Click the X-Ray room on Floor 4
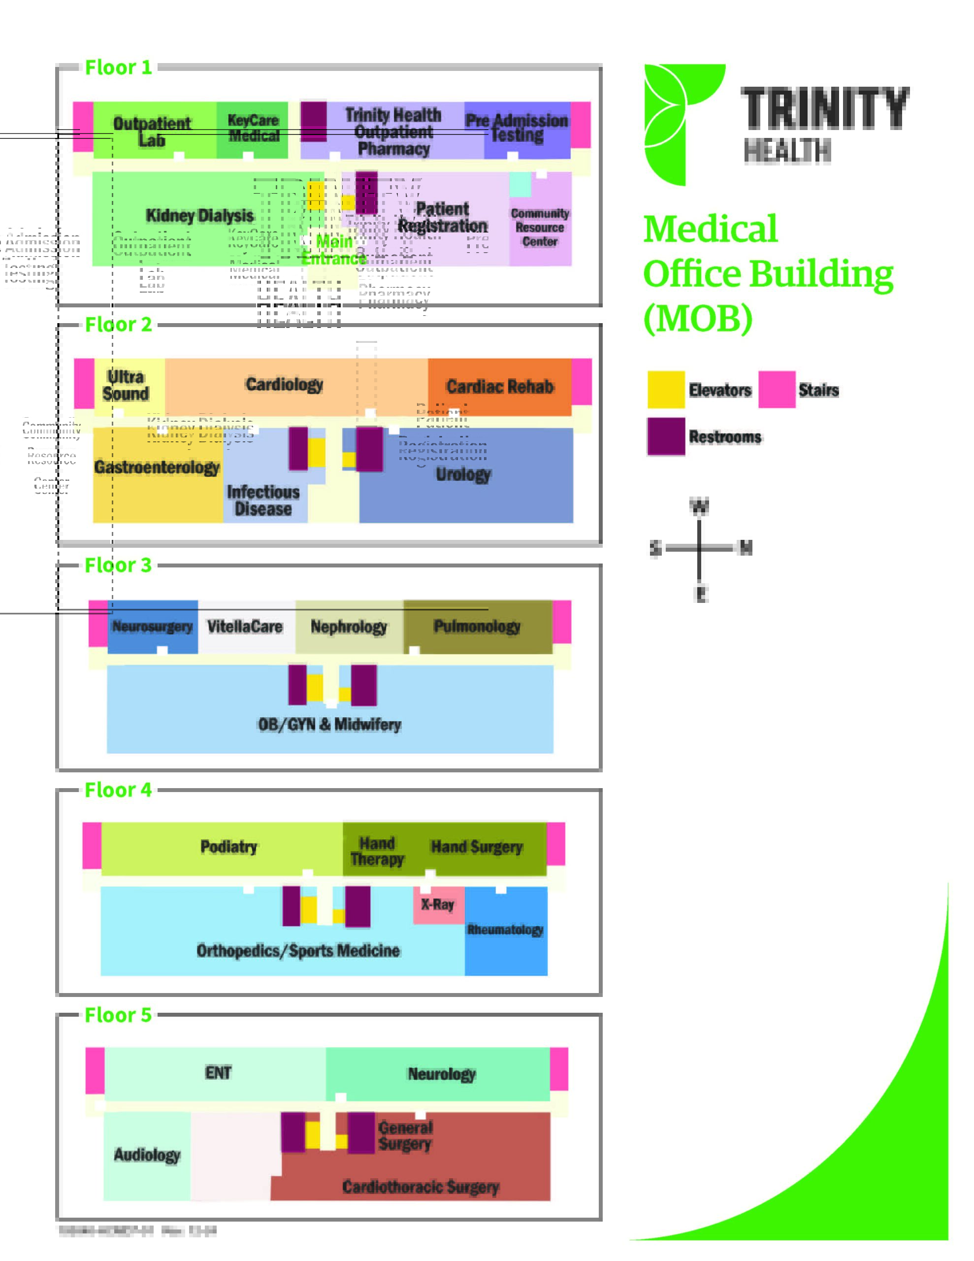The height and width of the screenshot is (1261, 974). [438, 904]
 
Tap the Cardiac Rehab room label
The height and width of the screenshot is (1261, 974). [499, 386]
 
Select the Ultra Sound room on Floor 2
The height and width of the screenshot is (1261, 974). [126, 385]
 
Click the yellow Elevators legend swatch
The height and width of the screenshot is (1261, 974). [666, 390]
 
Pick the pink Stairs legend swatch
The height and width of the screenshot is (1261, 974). [777, 390]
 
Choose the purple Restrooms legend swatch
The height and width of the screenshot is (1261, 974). [666, 436]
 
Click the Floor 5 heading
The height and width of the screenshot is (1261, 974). [118, 1014]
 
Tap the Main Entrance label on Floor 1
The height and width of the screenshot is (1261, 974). [334, 249]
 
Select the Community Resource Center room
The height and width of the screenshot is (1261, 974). [540, 228]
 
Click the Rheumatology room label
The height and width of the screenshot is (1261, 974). [505, 929]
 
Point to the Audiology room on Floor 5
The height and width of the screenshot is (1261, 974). [147, 1154]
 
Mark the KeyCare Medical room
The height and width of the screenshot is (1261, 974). [253, 128]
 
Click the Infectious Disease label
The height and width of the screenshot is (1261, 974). [263, 500]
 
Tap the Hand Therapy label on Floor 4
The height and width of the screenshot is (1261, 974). [377, 851]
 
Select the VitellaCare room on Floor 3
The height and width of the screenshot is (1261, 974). [245, 627]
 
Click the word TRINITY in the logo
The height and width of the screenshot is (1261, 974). [824, 108]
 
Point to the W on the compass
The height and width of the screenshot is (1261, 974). [699, 506]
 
